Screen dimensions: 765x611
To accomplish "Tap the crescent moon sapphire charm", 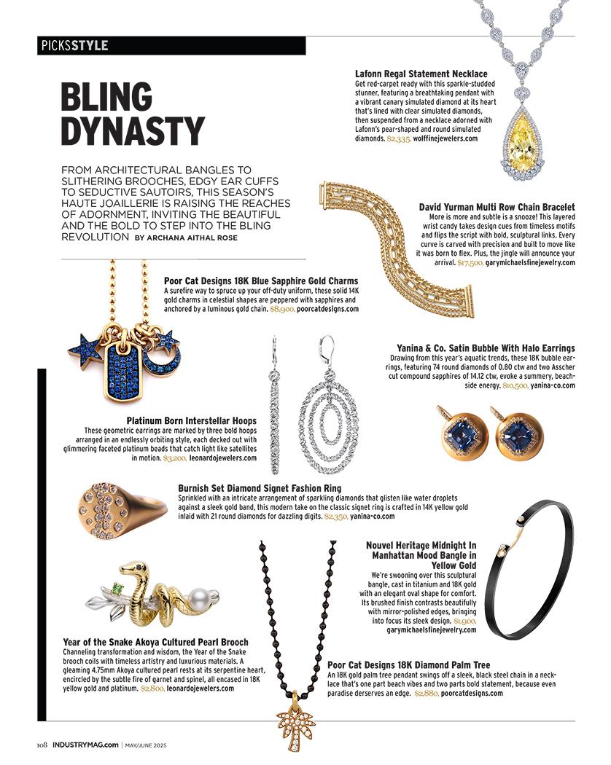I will point(159,351).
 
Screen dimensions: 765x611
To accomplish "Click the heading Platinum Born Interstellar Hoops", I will point(191,420).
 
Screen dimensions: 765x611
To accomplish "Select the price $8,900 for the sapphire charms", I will point(281,309).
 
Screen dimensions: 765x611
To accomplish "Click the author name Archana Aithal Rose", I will point(202,238).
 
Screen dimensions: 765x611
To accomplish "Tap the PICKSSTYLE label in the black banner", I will point(74,45).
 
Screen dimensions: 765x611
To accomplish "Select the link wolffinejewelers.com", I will point(446,138).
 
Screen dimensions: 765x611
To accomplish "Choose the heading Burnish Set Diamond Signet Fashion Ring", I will point(259,488).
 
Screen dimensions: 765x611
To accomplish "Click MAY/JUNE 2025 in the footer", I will point(154,745).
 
